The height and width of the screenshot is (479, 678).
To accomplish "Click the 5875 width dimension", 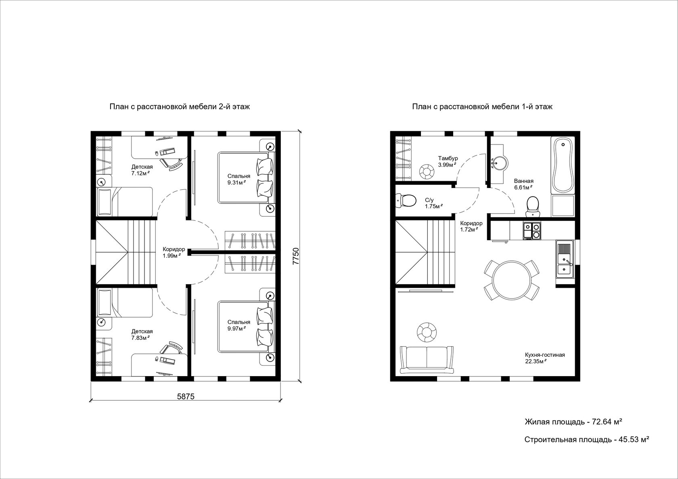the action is pos(186,396).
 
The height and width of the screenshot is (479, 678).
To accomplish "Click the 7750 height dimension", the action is pos(296,256).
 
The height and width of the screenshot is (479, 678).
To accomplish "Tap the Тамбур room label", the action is pos(448,158).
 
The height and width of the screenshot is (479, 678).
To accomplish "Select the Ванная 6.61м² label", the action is pos(524,184).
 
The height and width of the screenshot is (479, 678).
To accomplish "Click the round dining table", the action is pos(512,280).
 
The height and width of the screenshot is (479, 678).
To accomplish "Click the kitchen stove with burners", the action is pos(532,231).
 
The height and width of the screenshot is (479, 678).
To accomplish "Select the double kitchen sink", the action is pos(565,259).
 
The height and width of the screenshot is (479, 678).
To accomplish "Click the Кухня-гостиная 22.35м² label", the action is pos(545,358).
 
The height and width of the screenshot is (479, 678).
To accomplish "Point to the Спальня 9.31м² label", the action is pos(239,179).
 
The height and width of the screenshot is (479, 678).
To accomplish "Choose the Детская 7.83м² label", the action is pos(142,335).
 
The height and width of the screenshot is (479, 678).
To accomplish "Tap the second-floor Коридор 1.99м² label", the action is pos(174,252).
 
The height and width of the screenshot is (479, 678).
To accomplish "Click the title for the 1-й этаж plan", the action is pos(482,107).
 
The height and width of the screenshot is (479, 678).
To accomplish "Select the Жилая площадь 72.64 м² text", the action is pos(573,422).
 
